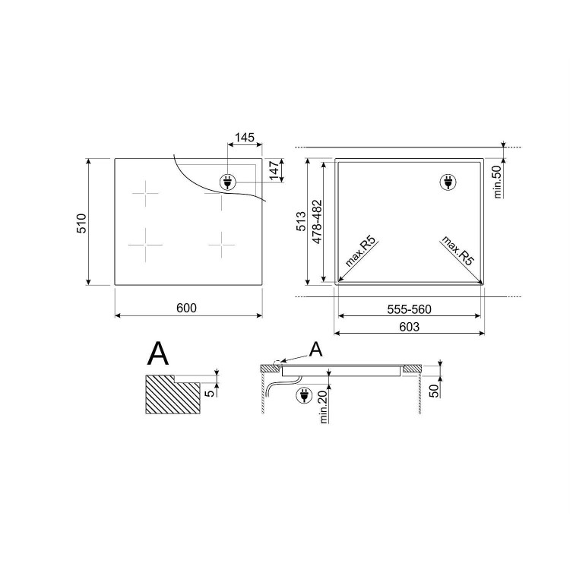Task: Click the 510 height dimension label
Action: pos(81,223)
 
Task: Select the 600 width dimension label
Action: pos(186,309)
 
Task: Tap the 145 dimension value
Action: pos(244,138)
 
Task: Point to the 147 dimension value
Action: pos(274,170)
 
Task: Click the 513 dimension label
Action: pos(302,221)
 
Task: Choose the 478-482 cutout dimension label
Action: pos(317,222)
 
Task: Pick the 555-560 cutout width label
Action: pos(409,309)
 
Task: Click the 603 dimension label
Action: pos(410,327)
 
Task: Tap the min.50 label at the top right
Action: pos(497,182)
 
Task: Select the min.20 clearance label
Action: pos(324,406)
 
